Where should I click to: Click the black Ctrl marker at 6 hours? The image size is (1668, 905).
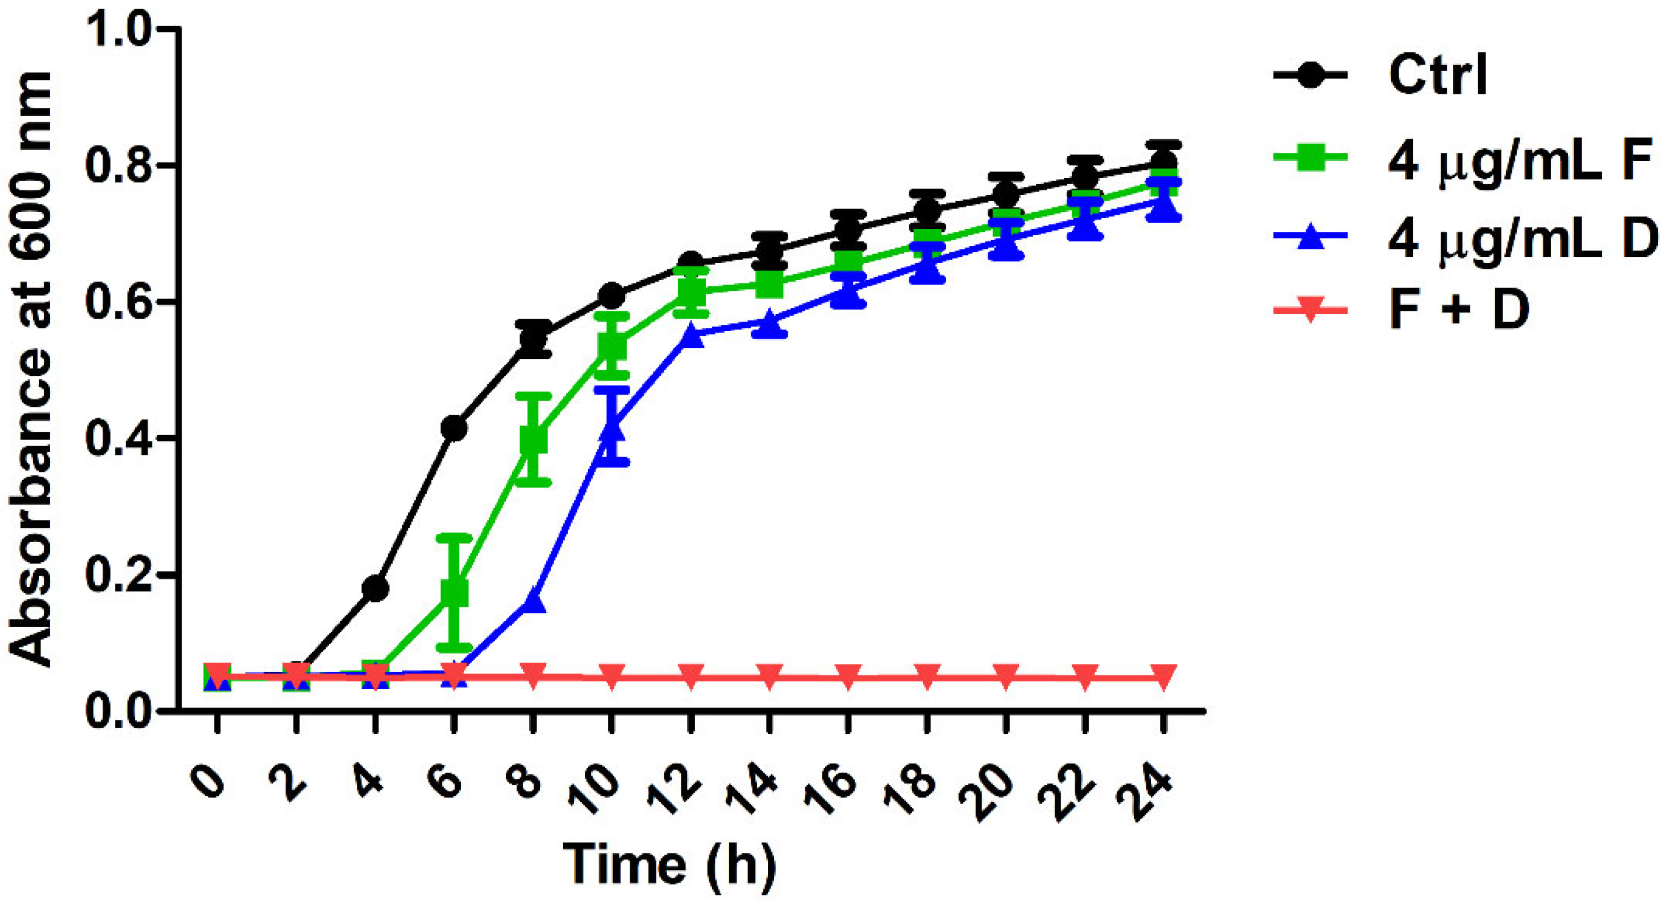coord(454,428)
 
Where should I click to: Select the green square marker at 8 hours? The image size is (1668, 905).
coord(533,440)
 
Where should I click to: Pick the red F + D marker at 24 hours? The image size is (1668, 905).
coord(1163,677)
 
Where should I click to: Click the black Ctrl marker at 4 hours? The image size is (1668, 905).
coord(376,589)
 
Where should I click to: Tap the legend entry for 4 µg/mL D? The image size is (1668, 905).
coord(1522,237)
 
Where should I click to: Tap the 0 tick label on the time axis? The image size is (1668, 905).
coord(209,785)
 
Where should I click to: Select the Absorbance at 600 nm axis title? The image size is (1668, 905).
coord(31,369)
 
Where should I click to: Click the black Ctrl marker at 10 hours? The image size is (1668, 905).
coord(612,296)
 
